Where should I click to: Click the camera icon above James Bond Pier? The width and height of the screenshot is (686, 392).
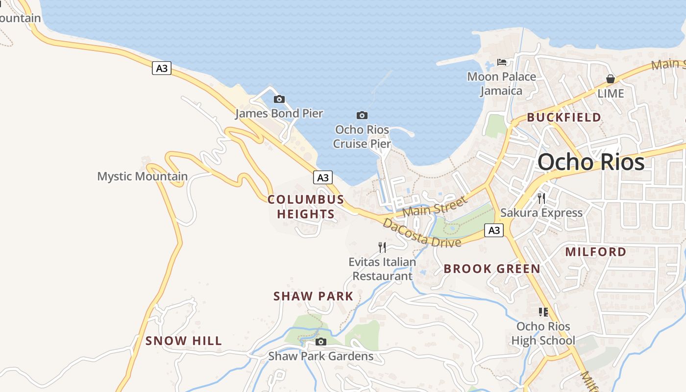(x=279, y=99)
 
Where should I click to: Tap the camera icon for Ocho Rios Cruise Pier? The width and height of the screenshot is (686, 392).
(x=362, y=116)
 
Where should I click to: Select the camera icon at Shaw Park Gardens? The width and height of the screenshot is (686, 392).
(x=321, y=342)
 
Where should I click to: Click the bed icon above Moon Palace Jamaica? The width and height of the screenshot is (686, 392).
(x=502, y=62)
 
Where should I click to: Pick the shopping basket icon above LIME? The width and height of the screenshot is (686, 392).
(x=611, y=79)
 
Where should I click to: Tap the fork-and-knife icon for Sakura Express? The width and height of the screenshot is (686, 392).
(x=541, y=198)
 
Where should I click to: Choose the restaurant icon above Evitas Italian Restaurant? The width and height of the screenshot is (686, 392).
(x=382, y=247)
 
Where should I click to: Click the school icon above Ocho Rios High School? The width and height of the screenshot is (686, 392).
(x=543, y=312)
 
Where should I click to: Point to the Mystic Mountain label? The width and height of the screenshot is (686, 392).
(x=142, y=176)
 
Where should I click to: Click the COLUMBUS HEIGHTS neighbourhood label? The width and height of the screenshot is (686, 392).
(x=306, y=207)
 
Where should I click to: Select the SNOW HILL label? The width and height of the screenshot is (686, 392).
(x=184, y=341)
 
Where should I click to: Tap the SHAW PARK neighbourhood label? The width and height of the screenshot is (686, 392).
(x=313, y=296)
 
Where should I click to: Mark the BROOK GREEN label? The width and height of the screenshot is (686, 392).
(x=492, y=269)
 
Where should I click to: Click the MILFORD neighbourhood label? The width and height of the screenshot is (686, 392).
(x=596, y=252)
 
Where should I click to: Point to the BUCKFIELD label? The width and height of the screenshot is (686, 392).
(x=564, y=118)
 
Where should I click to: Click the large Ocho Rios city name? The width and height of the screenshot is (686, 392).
(x=591, y=162)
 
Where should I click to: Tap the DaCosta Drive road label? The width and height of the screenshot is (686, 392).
(x=421, y=234)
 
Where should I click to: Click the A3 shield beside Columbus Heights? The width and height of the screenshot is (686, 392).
(x=322, y=177)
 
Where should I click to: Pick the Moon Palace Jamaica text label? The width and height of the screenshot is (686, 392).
(x=501, y=84)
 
